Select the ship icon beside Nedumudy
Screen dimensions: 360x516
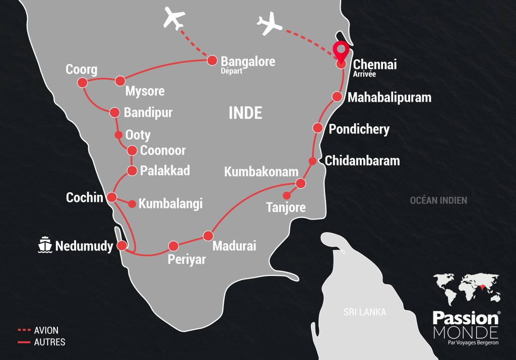(x=45, y=245)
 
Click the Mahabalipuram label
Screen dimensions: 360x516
(x=390, y=97)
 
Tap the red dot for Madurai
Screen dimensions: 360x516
(x=208, y=236)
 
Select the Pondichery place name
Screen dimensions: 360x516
(x=359, y=129)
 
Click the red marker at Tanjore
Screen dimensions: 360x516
(x=286, y=195)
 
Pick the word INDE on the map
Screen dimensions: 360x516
(x=245, y=113)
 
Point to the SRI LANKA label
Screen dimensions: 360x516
(x=365, y=312)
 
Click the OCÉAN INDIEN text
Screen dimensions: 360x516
(x=438, y=200)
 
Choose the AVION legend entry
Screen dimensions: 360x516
(x=45, y=331)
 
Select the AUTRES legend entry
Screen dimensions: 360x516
(x=49, y=342)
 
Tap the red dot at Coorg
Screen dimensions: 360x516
(x=84, y=84)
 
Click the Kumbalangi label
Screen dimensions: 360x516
(x=170, y=204)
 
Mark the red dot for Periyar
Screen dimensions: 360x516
(x=173, y=246)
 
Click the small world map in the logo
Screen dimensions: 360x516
(x=466, y=289)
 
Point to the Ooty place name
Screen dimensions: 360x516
(x=138, y=135)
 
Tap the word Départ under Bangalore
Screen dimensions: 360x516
(x=232, y=71)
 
